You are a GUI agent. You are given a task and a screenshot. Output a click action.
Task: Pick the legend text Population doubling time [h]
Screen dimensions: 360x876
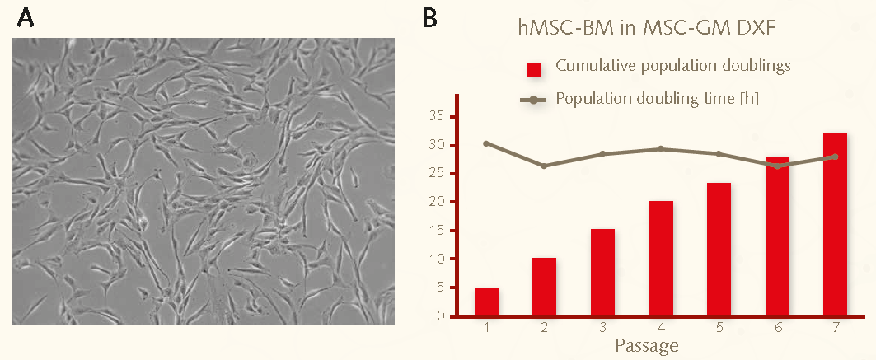pos(658,99)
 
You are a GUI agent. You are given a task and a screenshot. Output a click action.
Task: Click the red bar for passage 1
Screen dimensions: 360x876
pos(486,302)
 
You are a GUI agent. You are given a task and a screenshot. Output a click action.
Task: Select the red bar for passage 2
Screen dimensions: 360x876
pos(544,287)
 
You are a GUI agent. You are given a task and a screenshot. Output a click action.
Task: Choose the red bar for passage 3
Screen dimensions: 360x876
pos(602,272)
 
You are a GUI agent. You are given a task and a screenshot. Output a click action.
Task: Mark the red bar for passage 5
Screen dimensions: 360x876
pos(719,249)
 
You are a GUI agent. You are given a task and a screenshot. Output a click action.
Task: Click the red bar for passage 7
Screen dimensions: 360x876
pos(835,224)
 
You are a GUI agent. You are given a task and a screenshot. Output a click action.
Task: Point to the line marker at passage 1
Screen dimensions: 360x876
pos(486,143)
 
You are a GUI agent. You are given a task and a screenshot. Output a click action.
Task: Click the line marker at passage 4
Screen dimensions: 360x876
pos(661,149)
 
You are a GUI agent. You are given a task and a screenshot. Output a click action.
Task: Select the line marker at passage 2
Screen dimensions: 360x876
pos(544,166)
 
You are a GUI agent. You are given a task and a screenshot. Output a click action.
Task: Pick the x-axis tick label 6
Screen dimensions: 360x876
pos(777,328)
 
